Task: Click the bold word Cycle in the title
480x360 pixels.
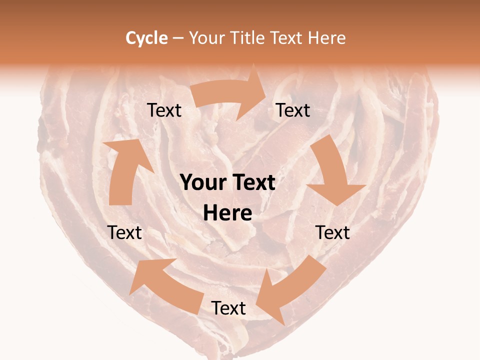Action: coord(146,38)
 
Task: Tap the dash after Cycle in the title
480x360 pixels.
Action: coord(178,38)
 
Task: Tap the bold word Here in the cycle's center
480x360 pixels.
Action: coord(227,213)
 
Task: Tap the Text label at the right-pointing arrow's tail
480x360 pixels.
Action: coord(164,110)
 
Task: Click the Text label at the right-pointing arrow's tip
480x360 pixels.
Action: coord(293,110)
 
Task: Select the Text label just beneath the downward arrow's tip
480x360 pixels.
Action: coord(333,232)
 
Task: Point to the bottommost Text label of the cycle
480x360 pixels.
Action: coord(228,308)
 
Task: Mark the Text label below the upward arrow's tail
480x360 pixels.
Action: coord(124,232)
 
